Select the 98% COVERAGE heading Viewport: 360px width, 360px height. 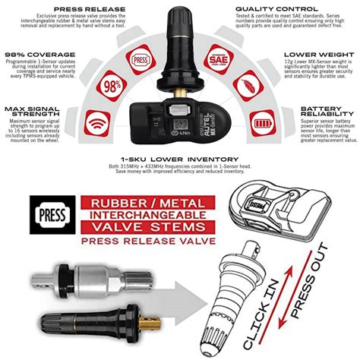pyautogui.click(x=40, y=55)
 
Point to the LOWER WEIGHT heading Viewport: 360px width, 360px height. pyautogui.click(x=319, y=55)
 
